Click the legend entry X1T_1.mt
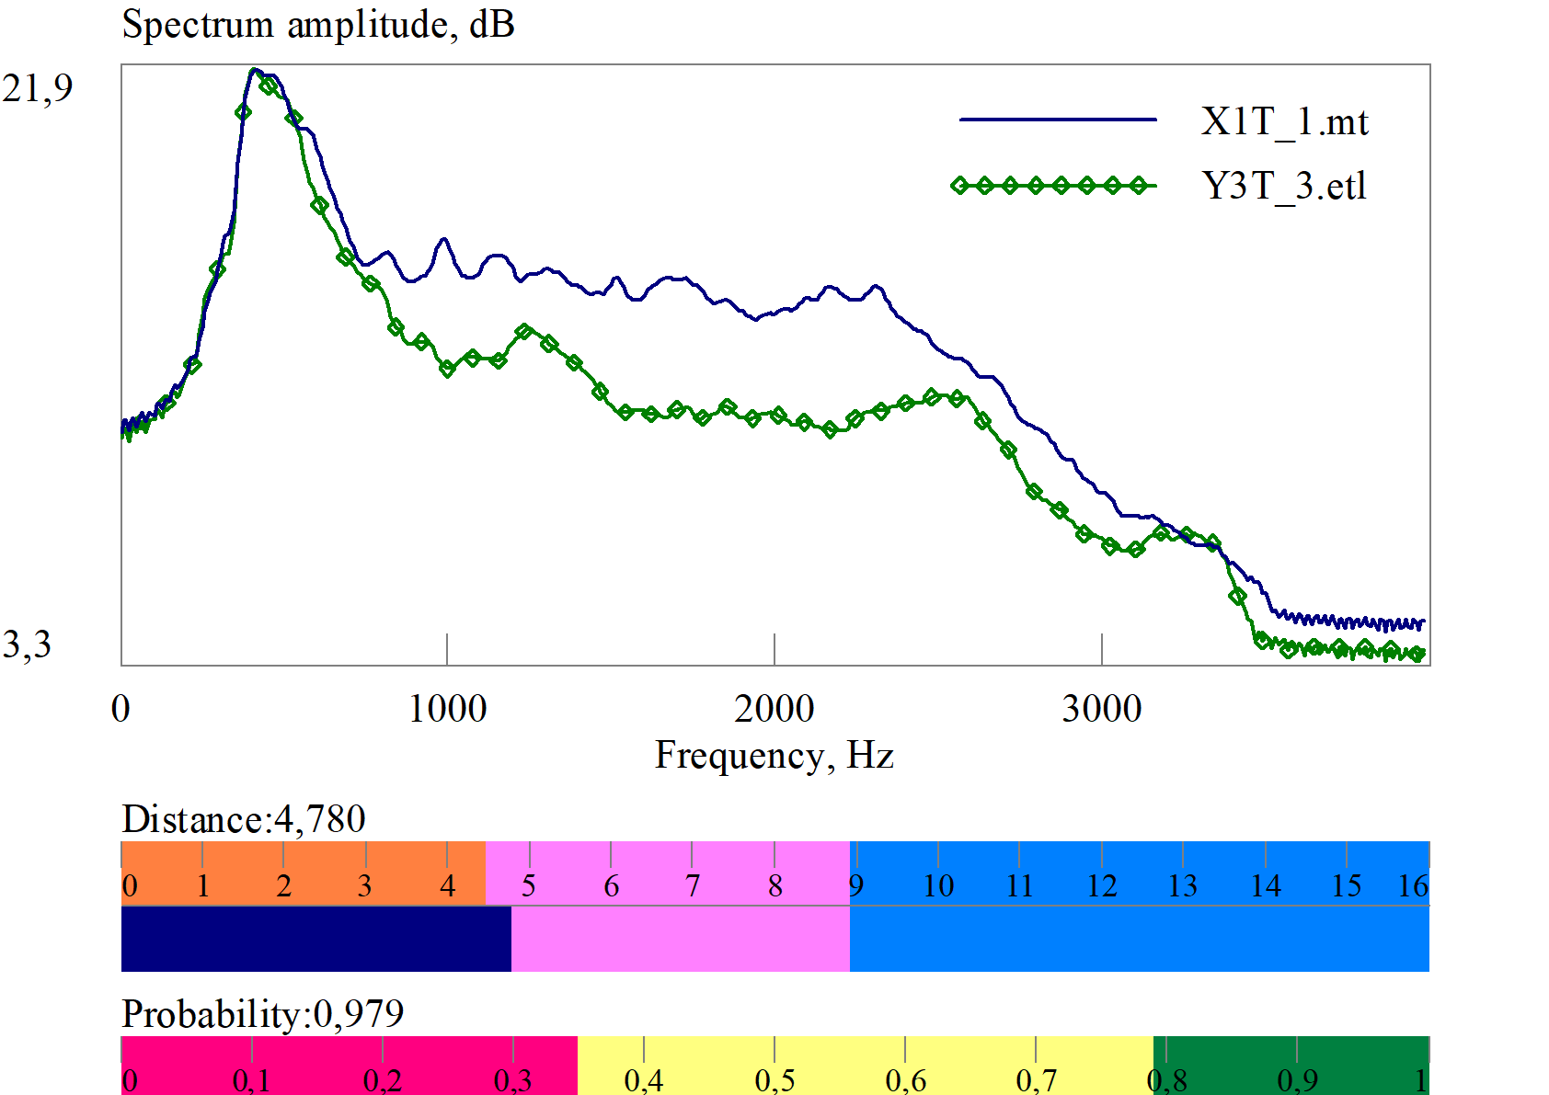coord(1284,121)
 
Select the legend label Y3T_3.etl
coord(1284,187)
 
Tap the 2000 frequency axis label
coord(774,709)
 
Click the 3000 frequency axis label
coord(1101,709)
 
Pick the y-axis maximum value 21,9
coord(38,88)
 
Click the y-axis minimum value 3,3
coord(27,644)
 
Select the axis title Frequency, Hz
coord(774,756)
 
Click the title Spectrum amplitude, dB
coord(318,24)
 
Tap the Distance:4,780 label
coord(244,819)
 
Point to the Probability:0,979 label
coord(263,1014)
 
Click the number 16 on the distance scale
coord(1413,886)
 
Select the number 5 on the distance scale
coord(529,886)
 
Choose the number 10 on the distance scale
coord(938,886)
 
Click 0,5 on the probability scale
coord(774,1080)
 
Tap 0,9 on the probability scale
coord(1297,1080)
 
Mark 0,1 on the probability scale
coord(251,1080)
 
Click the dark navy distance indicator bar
coord(316,939)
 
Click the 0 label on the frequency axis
coord(120,709)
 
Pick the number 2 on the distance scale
coord(284,886)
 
